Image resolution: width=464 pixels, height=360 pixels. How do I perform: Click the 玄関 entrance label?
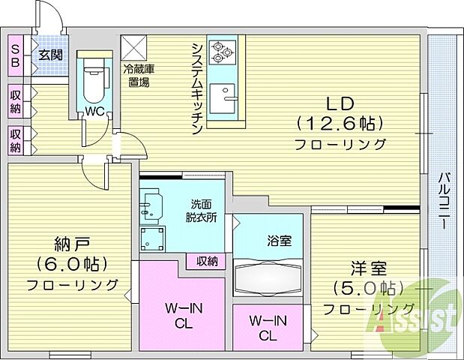tap(51, 54)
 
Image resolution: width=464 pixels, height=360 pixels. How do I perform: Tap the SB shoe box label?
tap(14, 54)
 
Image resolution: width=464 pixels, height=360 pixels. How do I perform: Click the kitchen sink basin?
tap(223, 98)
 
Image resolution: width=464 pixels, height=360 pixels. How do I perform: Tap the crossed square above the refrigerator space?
tap(136, 47)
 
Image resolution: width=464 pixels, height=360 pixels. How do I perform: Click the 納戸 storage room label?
tap(72, 244)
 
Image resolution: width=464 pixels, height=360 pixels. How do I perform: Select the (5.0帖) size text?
tap(367, 288)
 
